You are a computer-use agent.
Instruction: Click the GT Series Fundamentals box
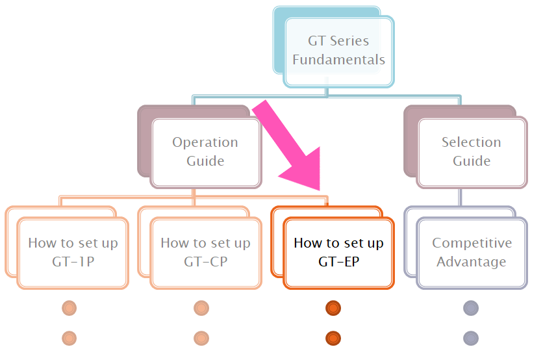[x=338, y=51]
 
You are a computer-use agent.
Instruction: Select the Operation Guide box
[x=205, y=151]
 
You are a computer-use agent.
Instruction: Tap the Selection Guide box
[x=472, y=151]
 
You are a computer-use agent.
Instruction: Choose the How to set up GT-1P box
[x=73, y=252]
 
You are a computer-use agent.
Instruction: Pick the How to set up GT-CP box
[x=205, y=252]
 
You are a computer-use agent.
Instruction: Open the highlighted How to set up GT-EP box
[x=338, y=252]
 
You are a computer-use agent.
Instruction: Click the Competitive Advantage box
[x=472, y=252]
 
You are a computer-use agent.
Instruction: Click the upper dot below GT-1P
[x=69, y=308]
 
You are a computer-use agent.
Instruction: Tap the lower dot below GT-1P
[x=69, y=338]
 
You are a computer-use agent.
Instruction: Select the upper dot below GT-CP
[x=201, y=308]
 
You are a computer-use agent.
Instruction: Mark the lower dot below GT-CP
[x=201, y=338]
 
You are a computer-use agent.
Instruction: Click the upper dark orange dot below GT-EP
[x=333, y=308]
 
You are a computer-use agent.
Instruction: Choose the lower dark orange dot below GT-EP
[x=333, y=338]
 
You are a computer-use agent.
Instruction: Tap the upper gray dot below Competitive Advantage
[x=471, y=308]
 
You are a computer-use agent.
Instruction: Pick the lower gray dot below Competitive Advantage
[x=471, y=338]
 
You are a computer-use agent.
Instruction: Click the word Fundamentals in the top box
[x=338, y=60]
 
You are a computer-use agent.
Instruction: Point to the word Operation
[x=205, y=142]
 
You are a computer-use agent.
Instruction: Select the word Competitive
[x=472, y=243]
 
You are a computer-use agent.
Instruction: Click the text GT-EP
[x=338, y=262]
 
